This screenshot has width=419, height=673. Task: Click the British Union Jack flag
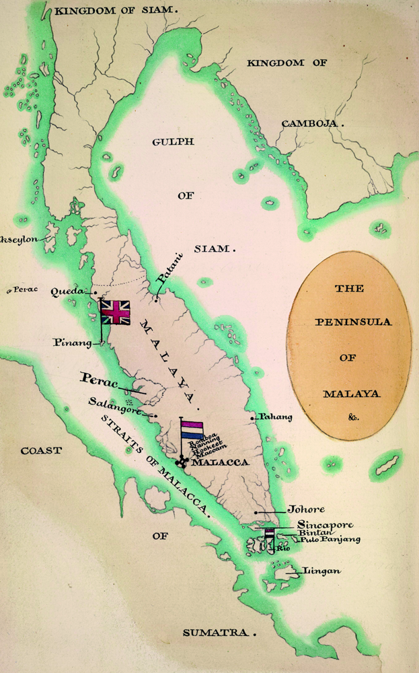click(x=114, y=312)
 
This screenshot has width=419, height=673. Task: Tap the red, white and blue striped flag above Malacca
click(x=192, y=430)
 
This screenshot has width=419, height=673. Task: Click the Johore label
click(x=302, y=510)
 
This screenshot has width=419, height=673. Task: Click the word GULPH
click(x=175, y=141)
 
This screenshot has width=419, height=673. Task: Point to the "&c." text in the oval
click(x=354, y=417)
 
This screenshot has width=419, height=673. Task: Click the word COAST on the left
click(x=40, y=450)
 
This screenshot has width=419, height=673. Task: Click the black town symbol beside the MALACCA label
click(x=182, y=462)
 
